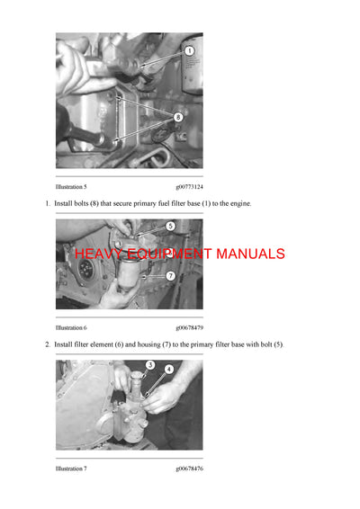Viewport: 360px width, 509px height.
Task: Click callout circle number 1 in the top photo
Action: pos(189,52)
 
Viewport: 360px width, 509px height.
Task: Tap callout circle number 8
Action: pos(177,117)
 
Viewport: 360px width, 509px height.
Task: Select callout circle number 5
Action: pos(170,227)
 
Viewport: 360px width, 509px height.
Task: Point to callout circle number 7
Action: pos(170,275)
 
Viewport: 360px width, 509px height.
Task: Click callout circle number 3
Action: pos(150,365)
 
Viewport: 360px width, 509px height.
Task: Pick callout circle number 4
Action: pos(168,369)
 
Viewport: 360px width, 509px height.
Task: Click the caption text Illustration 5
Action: pos(71,186)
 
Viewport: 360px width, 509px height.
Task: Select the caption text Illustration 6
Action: pos(71,327)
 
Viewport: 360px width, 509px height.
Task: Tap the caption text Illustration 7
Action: pos(71,469)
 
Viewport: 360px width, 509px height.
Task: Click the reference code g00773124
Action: pos(189,186)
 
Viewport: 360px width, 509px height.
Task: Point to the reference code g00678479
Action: pos(189,327)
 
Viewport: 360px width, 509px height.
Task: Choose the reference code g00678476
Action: pos(189,469)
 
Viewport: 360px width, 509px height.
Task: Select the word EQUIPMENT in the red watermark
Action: pos(166,254)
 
